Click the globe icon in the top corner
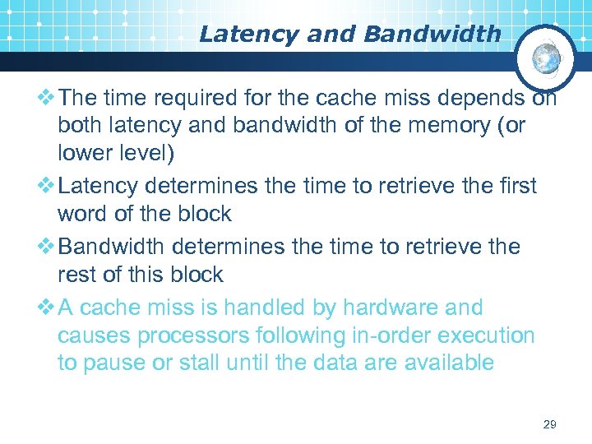pyautogui.click(x=545, y=59)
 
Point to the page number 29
pyautogui.click(x=550, y=424)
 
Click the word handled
pyautogui.click(x=253, y=308)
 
